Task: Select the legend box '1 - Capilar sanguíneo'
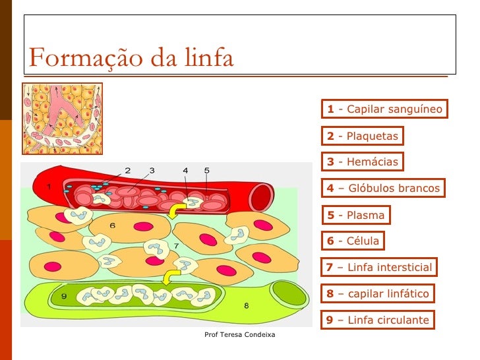(385, 109)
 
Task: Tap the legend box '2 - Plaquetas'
(363, 136)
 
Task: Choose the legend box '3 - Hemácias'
(363, 162)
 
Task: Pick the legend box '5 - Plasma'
(356, 215)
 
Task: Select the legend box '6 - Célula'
(353, 241)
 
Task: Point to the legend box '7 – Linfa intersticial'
(380, 267)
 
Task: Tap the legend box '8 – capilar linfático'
(378, 294)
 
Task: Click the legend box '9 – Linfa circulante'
(378, 320)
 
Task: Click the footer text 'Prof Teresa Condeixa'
(240, 336)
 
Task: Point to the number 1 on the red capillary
(48, 187)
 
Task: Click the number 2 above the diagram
(127, 170)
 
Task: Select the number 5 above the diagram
(206, 170)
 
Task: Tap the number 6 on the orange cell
(112, 225)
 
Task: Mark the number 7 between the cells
(176, 245)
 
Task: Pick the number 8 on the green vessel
(245, 305)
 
